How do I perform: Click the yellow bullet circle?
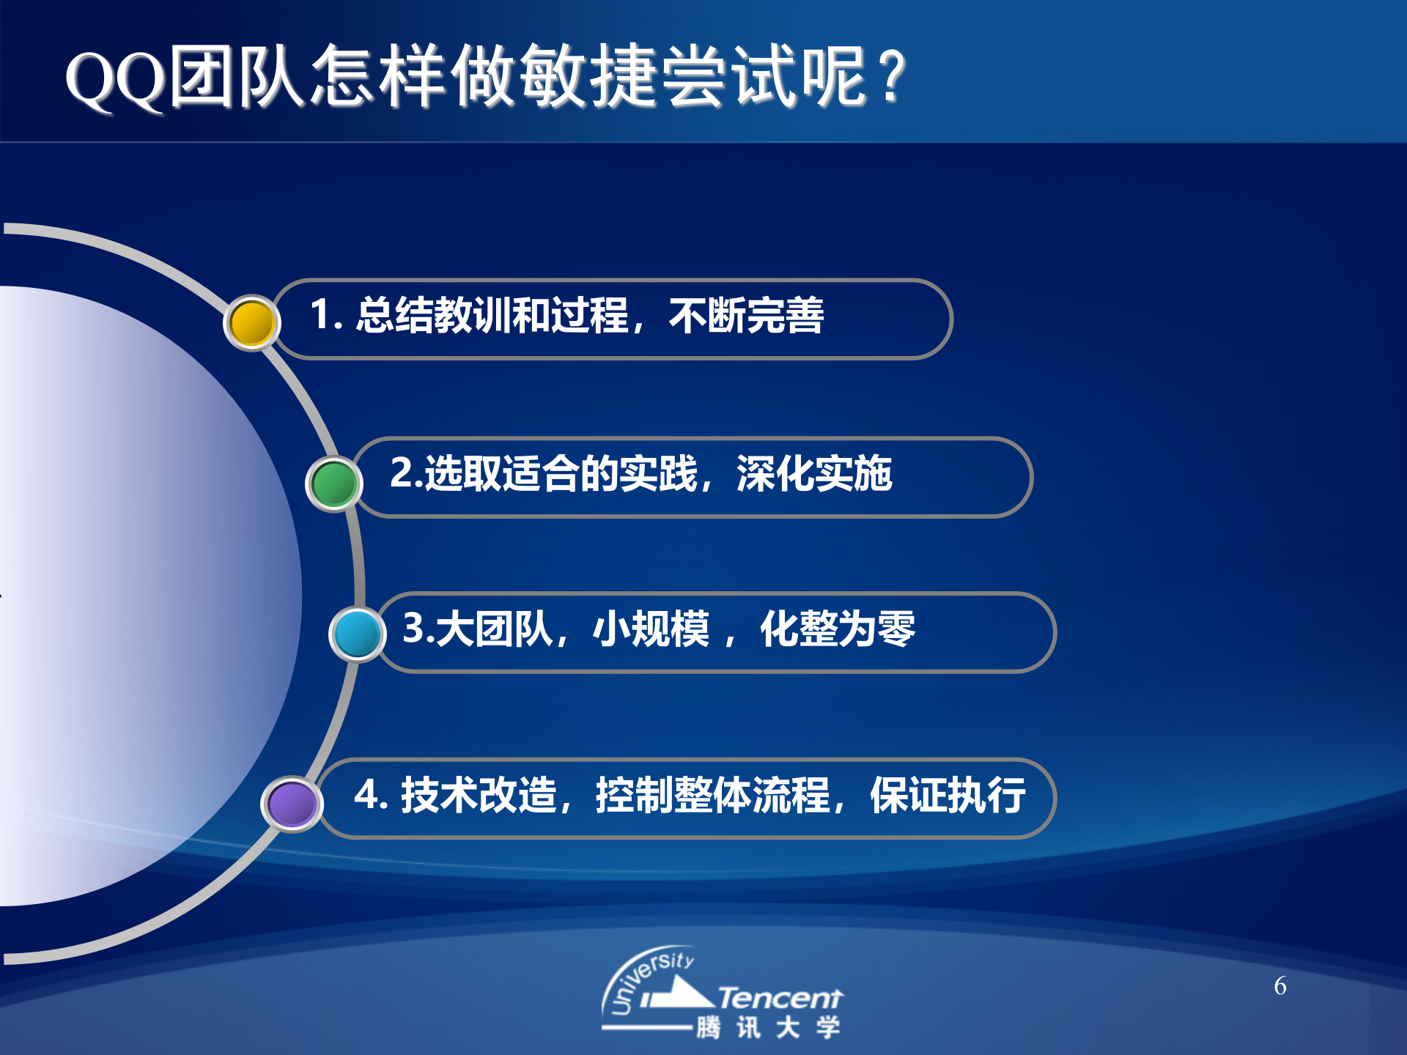[x=251, y=322]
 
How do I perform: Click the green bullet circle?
[x=333, y=484]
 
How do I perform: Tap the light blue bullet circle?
[x=357, y=634]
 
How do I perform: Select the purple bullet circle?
[x=292, y=804]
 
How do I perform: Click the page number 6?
[x=1279, y=986]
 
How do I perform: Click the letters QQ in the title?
[x=115, y=79]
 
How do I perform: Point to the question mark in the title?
[x=892, y=77]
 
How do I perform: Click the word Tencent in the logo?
[x=780, y=998]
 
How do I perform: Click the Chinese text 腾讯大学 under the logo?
[x=767, y=1027]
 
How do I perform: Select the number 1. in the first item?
[x=325, y=315]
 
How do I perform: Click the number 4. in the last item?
[x=370, y=795]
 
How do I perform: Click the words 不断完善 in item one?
[x=746, y=316]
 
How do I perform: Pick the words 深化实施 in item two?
[x=813, y=473]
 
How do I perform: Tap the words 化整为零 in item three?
[x=837, y=629]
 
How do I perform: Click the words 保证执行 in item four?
[x=947, y=795]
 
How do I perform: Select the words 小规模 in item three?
[x=651, y=629]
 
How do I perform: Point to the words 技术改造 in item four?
[x=478, y=795]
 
